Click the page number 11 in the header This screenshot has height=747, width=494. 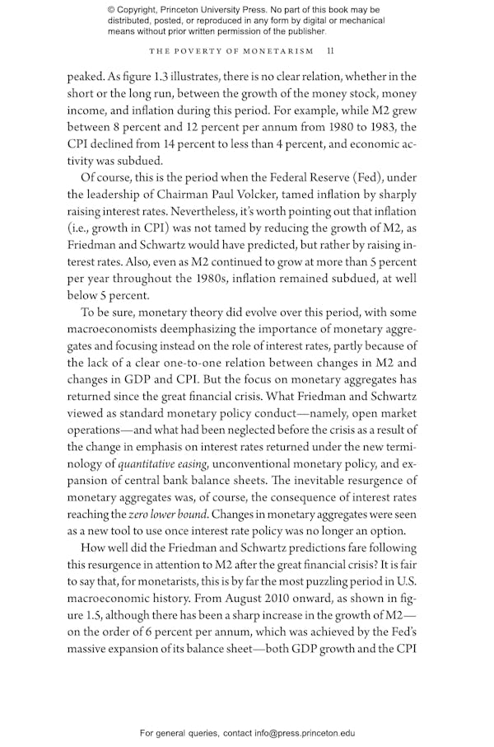(x=330, y=50)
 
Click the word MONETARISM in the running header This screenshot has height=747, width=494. (x=277, y=50)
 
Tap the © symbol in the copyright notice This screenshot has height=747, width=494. (x=111, y=10)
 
